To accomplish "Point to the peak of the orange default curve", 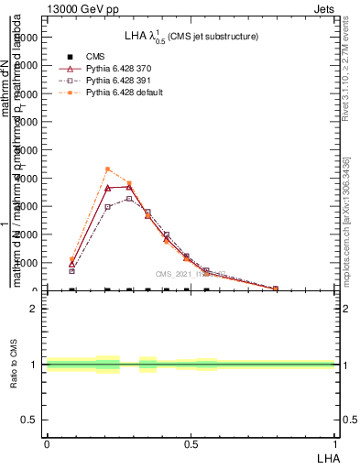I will click(x=108, y=169).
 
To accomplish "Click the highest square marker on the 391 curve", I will click(x=129, y=198).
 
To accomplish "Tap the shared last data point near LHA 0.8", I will click(x=276, y=289).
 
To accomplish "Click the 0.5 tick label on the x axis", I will click(x=191, y=444).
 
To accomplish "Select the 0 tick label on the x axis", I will click(x=47, y=444).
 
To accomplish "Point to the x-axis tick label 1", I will click(x=335, y=444).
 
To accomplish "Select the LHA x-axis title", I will click(x=327, y=457).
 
